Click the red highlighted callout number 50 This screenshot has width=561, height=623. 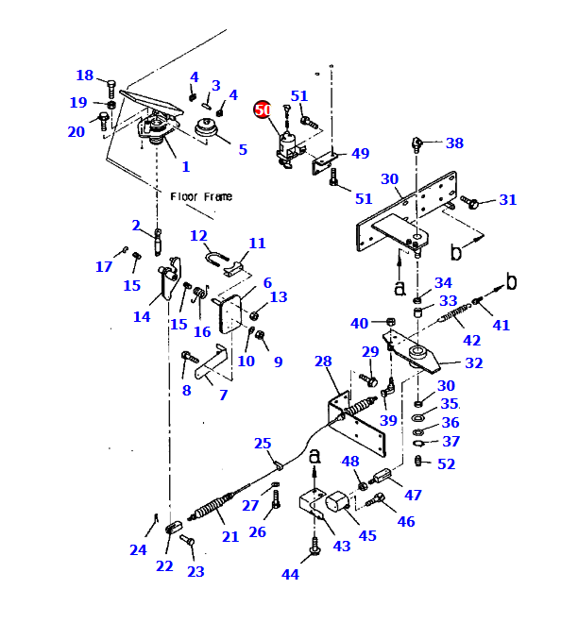(x=263, y=109)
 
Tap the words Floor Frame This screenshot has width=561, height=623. (x=201, y=196)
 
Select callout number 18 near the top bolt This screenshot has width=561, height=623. (x=85, y=76)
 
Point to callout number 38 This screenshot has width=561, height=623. (x=454, y=143)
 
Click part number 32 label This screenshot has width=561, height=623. (x=474, y=362)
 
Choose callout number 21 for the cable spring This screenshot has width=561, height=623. (x=230, y=537)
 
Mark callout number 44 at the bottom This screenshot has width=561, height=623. (x=290, y=574)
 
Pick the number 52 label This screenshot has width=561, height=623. (x=446, y=464)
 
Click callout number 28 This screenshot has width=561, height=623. (x=323, y=362)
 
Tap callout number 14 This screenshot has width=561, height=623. (x=142, y=316)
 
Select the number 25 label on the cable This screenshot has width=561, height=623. (x=263, y=444)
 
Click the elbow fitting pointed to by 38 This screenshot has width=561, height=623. (x=416, y=145)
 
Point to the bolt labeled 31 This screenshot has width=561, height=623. (x=470, y=201)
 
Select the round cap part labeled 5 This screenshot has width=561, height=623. (x=207, y=128)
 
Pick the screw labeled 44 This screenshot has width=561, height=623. (x=314, y=546)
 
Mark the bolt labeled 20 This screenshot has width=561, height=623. (x=103, y=121)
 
